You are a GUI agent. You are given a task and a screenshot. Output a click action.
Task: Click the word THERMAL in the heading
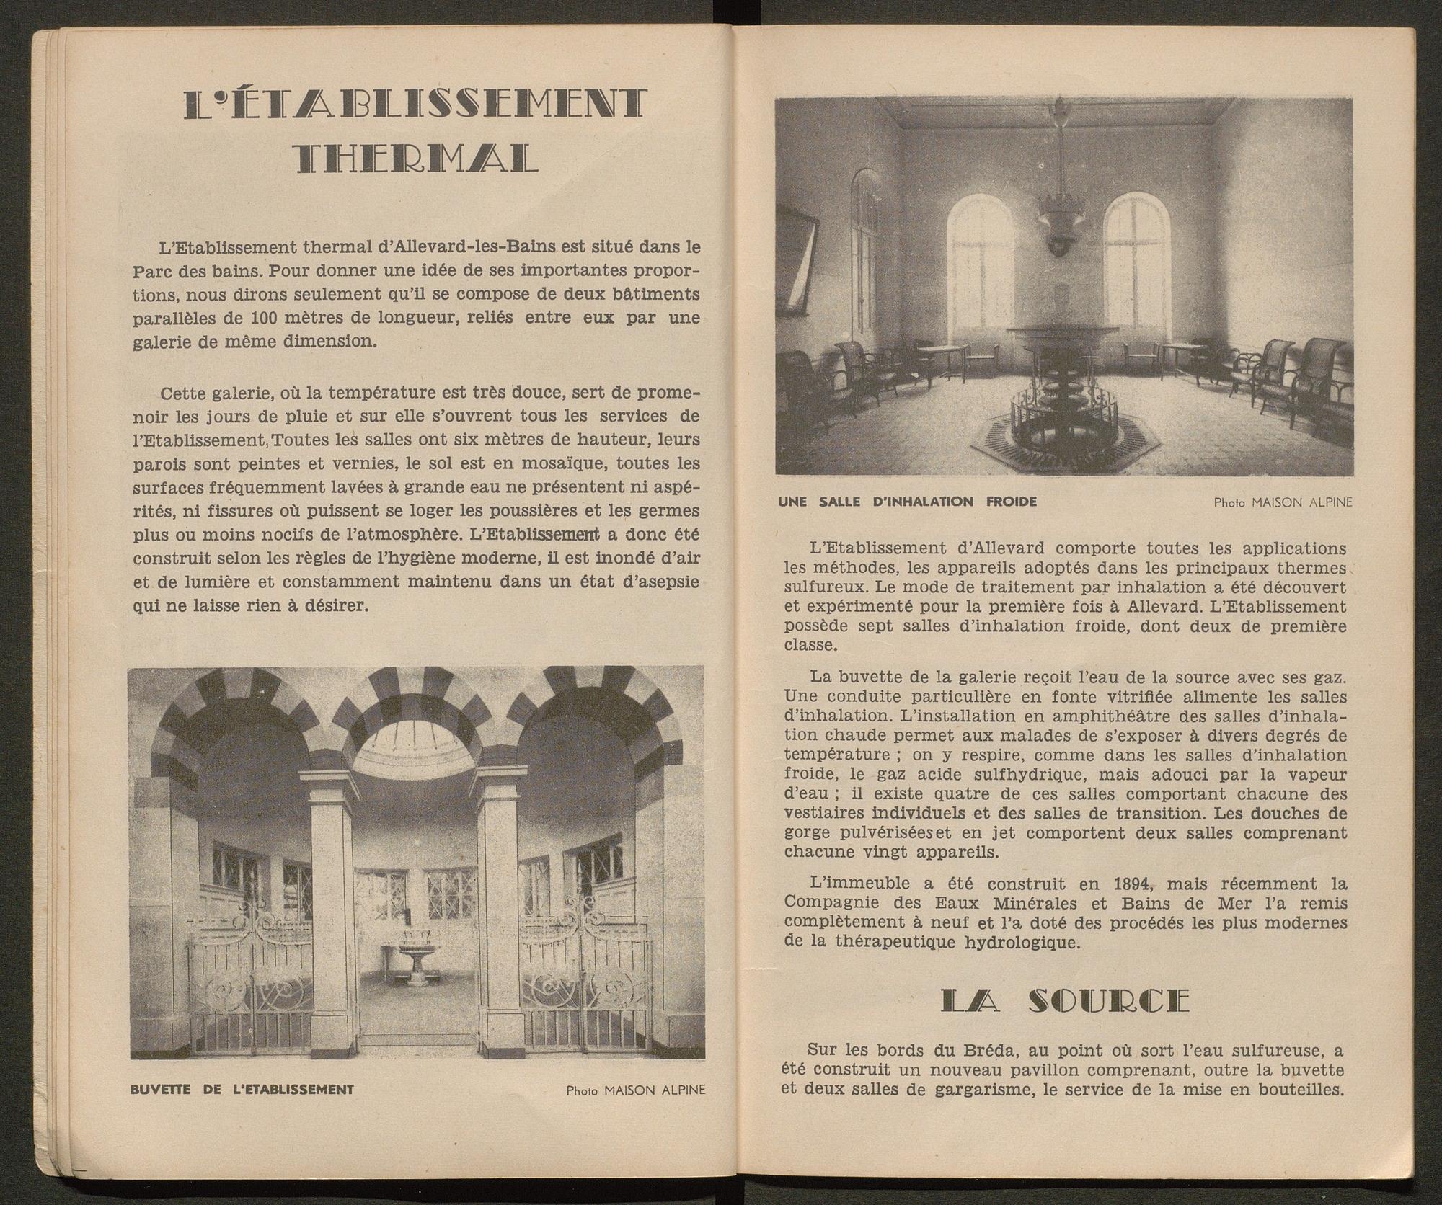click(x=417, y=159)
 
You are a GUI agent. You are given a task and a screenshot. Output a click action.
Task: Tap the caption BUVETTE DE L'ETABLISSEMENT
click(x=242, y=1089)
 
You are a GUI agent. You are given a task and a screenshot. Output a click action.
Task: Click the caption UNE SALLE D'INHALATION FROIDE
click(x=908, y=502)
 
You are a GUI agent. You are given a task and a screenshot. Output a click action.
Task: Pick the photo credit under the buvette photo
click(x=635, y=1090)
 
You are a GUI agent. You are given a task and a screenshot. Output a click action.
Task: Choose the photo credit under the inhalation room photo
click(x=1283, y=502)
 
